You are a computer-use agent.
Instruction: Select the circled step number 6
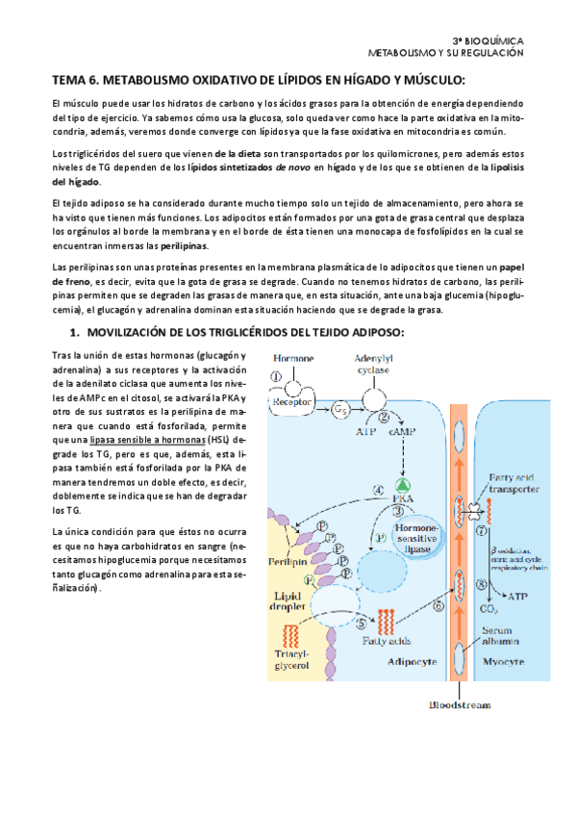[x=438, y=606]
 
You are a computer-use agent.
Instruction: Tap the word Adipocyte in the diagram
[x=412, y=636]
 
